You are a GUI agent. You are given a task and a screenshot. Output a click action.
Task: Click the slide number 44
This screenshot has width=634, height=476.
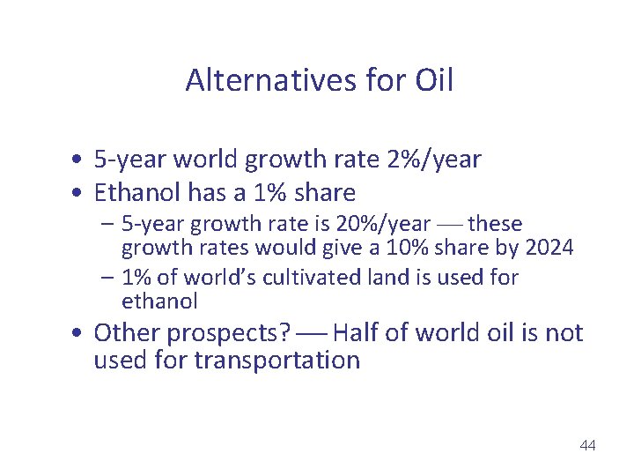(587, 445)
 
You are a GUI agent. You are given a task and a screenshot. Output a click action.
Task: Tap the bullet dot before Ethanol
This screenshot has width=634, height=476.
(79, 193)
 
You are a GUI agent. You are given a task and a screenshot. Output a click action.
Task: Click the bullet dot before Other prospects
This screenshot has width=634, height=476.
(79, 334)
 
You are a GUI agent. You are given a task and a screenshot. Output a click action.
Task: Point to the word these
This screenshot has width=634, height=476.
(495, 224)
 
